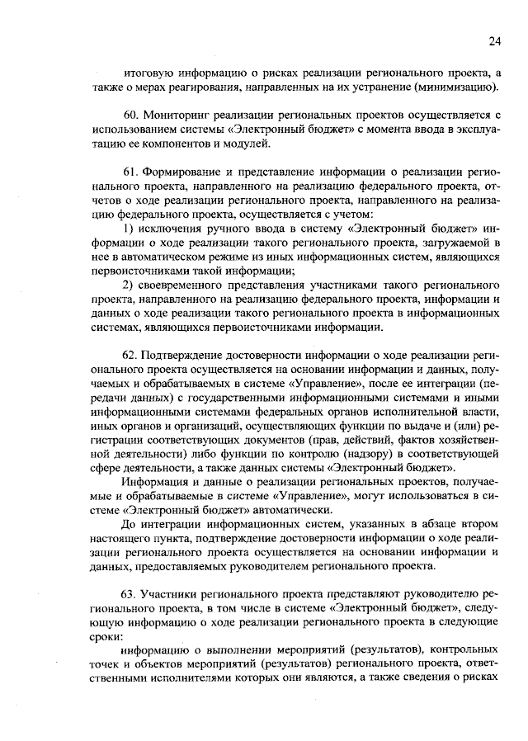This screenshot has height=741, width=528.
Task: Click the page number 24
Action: click(494, 41)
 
